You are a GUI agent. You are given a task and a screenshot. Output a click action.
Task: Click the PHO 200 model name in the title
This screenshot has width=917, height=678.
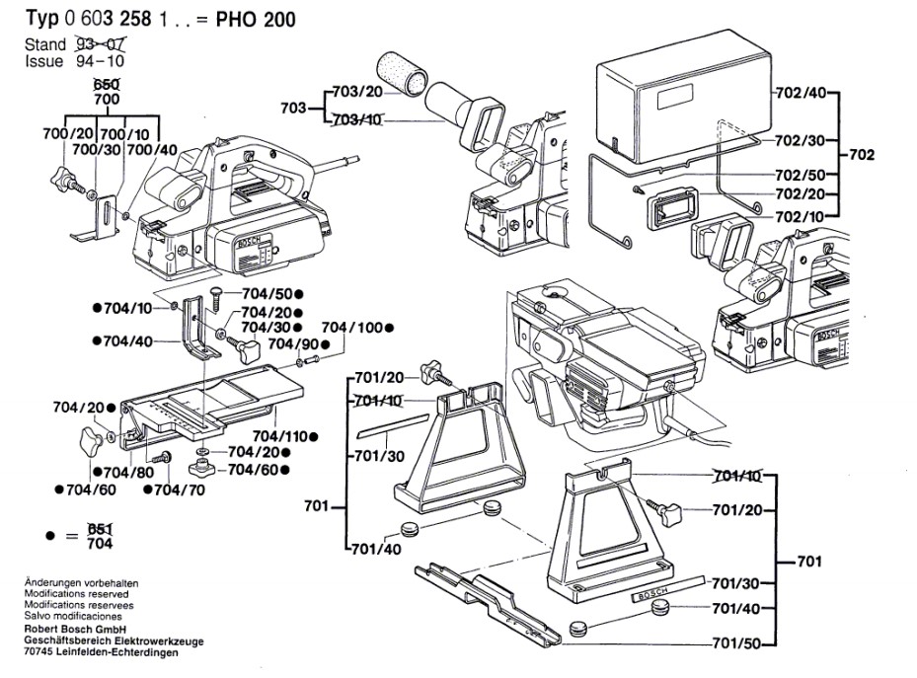(x=256, y=20)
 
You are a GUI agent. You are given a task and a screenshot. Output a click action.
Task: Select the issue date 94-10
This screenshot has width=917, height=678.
(x=100, y=61)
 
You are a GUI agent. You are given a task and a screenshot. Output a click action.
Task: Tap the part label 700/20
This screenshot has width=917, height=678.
(x=68, y=134)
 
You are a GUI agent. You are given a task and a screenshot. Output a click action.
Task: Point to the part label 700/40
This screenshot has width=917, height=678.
(x=152, y=150)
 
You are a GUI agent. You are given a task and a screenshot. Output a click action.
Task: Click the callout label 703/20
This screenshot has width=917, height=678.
(x=356, y=92)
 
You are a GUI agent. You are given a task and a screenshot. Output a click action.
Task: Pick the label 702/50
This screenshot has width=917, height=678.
(x=801, y=175)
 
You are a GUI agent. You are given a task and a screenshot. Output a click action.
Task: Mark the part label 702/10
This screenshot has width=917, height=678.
(x=800, y=217)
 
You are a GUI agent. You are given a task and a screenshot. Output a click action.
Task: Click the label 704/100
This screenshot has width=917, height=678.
(x=352, y=328)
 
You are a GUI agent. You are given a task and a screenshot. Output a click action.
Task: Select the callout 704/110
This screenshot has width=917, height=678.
(x=280, y=436)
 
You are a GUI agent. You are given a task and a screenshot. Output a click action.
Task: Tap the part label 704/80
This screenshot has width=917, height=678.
(x=128, y=473)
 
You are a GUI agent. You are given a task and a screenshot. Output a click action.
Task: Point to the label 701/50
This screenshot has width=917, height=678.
(x=737, y=644)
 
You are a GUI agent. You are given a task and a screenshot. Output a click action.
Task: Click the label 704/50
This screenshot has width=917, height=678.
(x=267, y=294)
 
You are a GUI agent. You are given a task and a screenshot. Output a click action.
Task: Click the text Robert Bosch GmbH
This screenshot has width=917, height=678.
(x=75, y=630)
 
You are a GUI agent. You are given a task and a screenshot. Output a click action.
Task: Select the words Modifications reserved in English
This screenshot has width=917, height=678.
(x=77, y=594)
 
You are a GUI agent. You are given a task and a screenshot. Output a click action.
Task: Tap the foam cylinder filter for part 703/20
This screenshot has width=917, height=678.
(x=403, y=73)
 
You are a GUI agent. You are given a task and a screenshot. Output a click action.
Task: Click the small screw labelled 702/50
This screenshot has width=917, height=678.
(x=638, y=188)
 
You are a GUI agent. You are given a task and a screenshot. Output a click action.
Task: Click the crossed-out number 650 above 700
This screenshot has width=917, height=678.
(x=107, y=85)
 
